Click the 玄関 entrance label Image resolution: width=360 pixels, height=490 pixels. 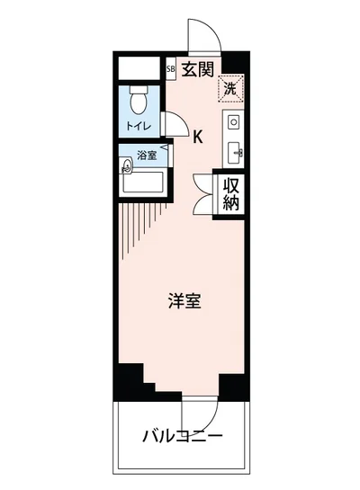198,67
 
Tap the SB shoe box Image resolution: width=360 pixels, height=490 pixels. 171,67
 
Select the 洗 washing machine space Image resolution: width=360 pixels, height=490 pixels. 231,88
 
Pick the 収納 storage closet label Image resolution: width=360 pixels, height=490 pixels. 232,193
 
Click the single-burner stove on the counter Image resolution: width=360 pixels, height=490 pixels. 233,121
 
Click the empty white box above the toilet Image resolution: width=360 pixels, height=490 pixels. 139,67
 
